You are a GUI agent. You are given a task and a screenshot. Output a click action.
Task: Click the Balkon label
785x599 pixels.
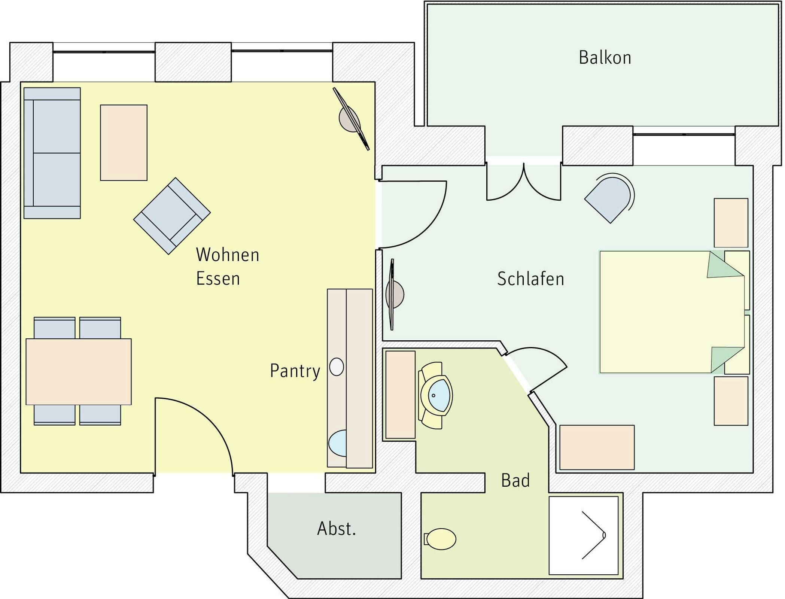[x=605, y=58]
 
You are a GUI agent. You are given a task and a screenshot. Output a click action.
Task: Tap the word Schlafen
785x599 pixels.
[x=530, y=279]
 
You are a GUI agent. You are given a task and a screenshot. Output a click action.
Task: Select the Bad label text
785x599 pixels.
[x=515, y=480]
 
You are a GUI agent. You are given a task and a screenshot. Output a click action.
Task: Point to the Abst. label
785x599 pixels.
[x=337, y=529]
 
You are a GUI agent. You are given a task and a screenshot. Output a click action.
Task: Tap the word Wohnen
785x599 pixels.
[x=228, y=255]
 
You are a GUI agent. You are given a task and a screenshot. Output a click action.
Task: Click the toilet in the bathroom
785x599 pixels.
[x=440, y=539]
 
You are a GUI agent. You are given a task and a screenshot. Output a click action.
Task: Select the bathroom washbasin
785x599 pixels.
[x=435, y=395]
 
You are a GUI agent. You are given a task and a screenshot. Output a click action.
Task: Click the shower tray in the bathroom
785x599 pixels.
[x=584, y=535]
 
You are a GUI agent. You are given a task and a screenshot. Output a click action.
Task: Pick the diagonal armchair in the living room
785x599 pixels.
[x=172, y=216]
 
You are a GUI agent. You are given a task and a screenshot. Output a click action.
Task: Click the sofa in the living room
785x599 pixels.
[x=52, y=153]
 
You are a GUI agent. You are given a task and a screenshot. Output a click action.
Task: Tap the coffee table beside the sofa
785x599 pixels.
[x=124, y=143]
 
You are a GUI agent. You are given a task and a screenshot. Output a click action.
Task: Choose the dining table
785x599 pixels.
[x=79, y=372]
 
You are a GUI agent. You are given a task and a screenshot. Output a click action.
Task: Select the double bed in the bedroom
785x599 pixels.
[x=672, y=312]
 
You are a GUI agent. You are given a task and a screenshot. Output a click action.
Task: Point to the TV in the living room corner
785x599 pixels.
[x=351, y=119]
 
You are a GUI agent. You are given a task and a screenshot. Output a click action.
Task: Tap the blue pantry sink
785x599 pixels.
[x=338, y=443]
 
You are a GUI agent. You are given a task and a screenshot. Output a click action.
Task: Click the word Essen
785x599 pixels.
[x=218, y=279]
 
